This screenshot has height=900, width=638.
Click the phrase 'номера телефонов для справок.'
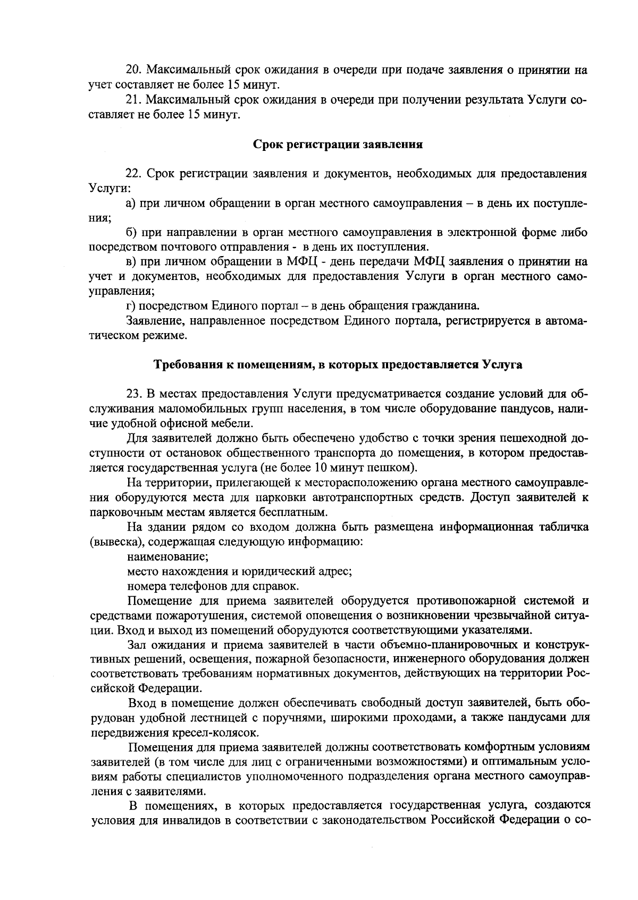pyautogui.click(x=213, y=587)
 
